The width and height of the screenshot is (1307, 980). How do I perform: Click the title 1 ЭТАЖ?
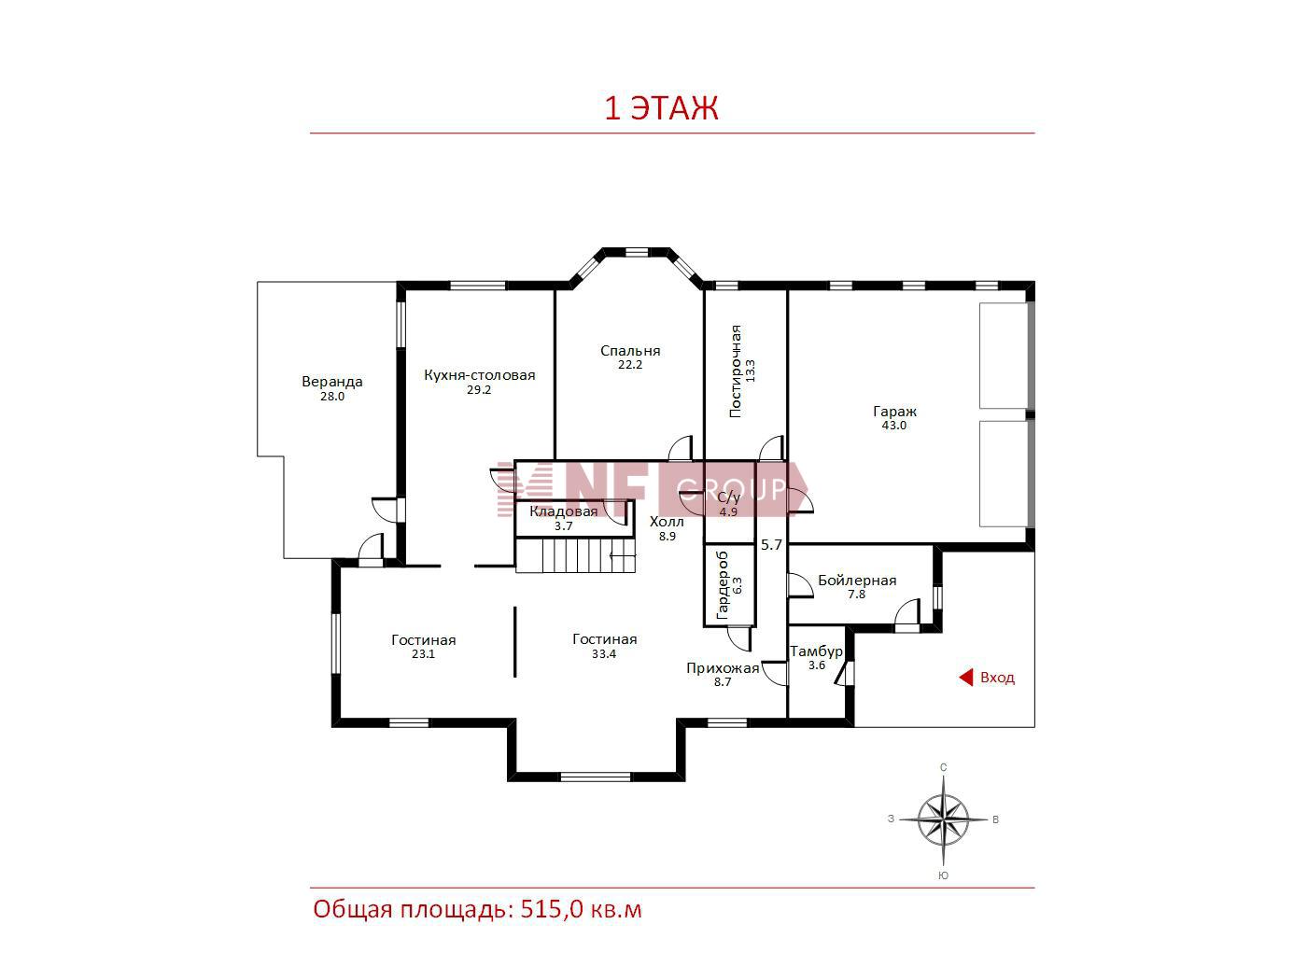pyautogui.click(x=661, y=108)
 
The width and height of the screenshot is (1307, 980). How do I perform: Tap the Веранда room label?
pyautogui.click(x=331, y=382)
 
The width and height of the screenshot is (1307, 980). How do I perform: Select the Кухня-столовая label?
pyautogui.click(x=479, y=375)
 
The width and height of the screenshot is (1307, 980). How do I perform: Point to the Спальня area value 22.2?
pyautogui.click(x=630, y=365)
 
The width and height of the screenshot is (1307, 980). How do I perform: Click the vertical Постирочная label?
pyautogui.click(x=736, y=371)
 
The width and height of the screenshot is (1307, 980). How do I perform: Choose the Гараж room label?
pyautogui.click(x=894, y=412)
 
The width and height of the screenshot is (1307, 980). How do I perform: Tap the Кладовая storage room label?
pyautogui.click(x=563, y=511)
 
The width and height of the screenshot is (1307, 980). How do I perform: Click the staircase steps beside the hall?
pyautogui.click(x=574, y=555)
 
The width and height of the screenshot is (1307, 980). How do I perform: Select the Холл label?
pyautogui.click(x=667, y=522)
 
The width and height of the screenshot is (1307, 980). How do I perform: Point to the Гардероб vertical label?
pyautogui.click(x=723, y=585)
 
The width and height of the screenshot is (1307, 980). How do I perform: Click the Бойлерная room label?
pyautogui.click(x=857, y=581)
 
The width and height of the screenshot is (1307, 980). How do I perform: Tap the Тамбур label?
pyautogui.click(x=816, y=651)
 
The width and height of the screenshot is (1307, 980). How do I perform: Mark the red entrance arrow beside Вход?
pyautogui.click(x=965, y=678)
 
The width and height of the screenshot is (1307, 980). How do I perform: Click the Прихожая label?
pyautogui.click(x=723, y=667)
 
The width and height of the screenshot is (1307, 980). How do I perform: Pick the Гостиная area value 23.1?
pyautogui.click(x=423, y=654)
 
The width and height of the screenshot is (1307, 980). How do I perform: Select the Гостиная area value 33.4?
pyautogui.click(x=604, y=654)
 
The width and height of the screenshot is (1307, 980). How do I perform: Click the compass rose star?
pyautogui.click(x=943, y=820)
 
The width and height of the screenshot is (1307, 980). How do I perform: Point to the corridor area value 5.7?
pyautogui.click(x=771, y=544)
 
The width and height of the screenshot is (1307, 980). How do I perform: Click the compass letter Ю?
pyautogui.click(x=943, y=875)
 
